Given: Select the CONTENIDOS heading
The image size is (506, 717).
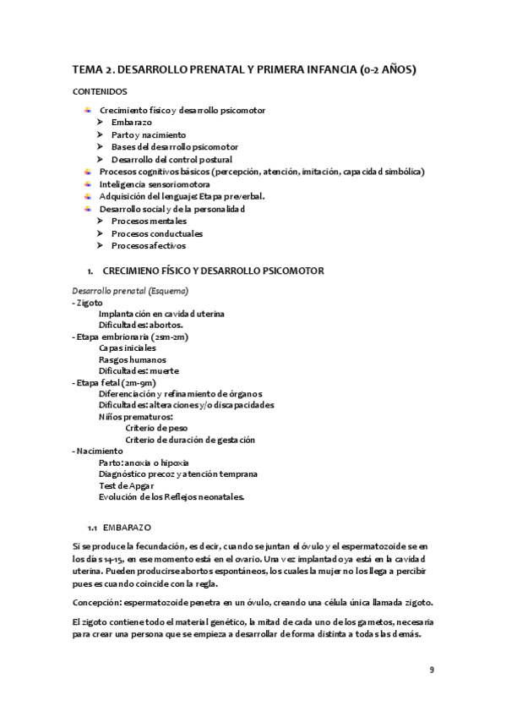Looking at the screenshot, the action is (101, 90).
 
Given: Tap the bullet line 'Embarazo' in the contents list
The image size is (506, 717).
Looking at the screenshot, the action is (131, 123).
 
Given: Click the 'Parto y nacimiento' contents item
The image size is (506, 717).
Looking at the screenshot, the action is (149, 134).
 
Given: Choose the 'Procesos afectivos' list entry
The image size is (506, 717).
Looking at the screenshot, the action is (149, 245).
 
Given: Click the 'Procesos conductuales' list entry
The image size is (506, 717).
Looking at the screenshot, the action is (156, 233).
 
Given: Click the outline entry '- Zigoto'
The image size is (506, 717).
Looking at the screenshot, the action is (89, 302).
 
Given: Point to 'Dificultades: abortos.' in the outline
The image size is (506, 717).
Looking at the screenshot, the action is (141, 325).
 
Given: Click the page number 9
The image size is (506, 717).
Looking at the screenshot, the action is (432, 670).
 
